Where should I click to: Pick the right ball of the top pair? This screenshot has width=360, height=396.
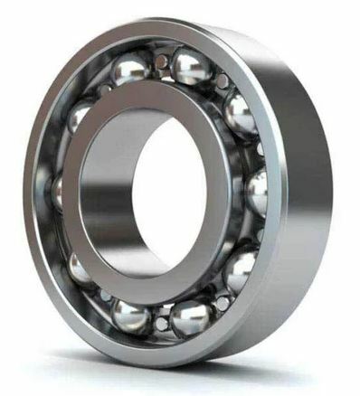[190, 64]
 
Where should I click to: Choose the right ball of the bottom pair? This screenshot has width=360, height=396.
[191, 317]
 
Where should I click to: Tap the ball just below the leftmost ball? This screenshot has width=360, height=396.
[80, 268]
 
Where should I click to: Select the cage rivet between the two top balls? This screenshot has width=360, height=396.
[161, 62]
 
